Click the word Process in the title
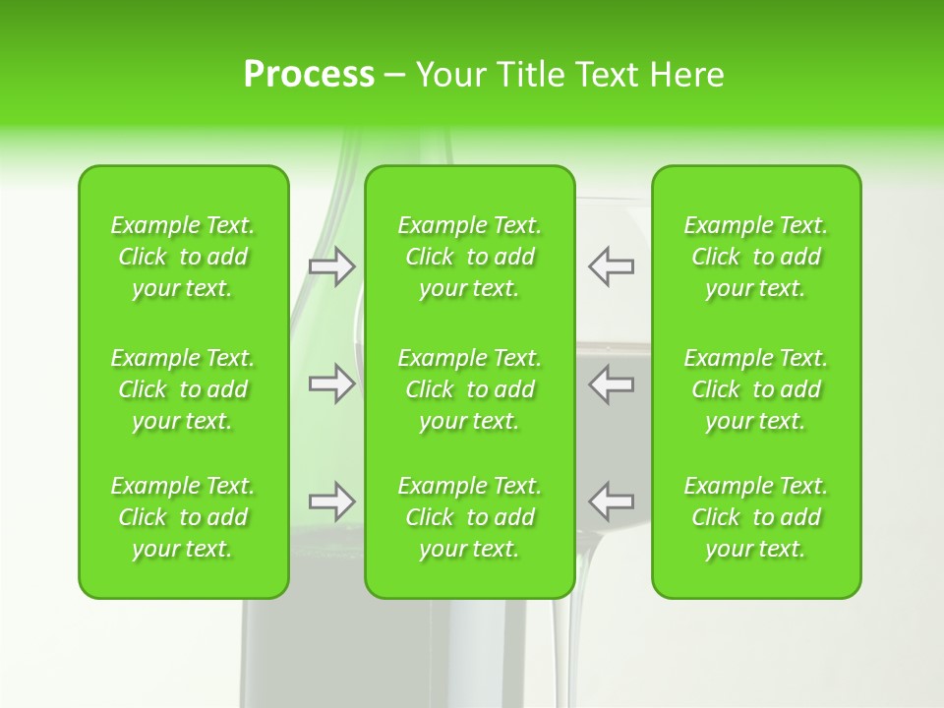point(309,75)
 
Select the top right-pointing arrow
point(332,266)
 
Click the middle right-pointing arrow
point(332,383)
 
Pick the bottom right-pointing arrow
point(332,501)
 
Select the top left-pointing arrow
point(611,266)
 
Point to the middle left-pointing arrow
point(611,383)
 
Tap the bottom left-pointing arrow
point(611,501)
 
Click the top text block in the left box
point(183,257)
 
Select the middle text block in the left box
point(183,389)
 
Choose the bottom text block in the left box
point(183,517)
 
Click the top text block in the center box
point(470,257)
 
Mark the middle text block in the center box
point(470,389)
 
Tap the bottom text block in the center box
point(470,517)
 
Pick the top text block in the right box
point(756,257)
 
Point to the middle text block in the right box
point(756,389)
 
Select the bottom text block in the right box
point(756,517)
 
